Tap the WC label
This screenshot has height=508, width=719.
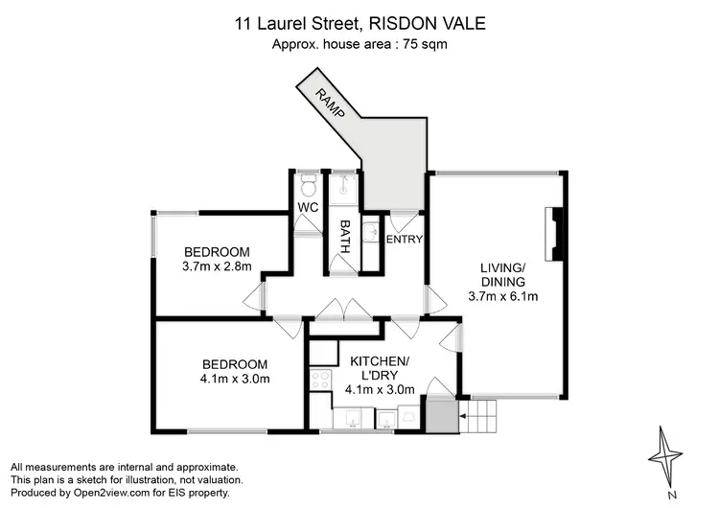pos(308,207)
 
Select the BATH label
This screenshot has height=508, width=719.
pos(345,235)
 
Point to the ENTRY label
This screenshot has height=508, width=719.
pos(405,239)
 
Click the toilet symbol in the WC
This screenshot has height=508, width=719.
pos(308,184)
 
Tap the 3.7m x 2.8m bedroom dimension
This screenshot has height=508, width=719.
pos(217,266)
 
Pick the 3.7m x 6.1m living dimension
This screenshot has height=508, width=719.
pos(503,296)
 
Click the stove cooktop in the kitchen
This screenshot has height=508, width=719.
pos(318,383)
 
